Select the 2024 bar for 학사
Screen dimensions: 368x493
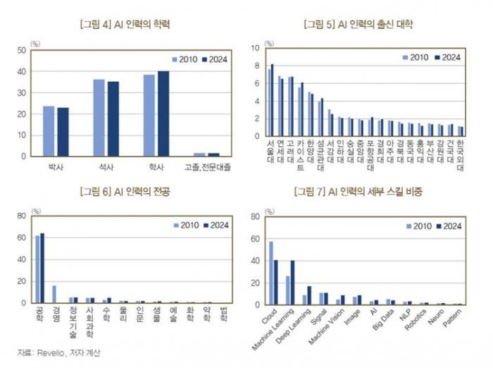163,114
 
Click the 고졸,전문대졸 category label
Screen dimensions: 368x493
207,167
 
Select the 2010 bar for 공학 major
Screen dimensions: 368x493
37,269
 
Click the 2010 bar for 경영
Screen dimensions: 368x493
54,294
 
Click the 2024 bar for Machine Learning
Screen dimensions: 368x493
292,282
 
